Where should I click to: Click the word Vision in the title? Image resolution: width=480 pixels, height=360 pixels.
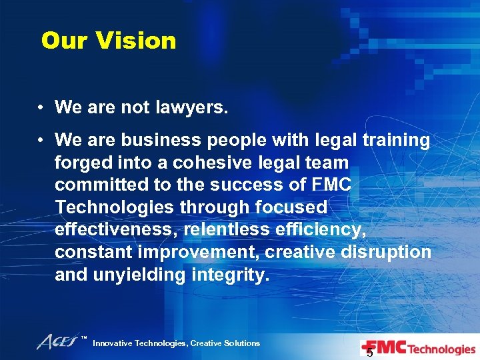tap(135, 41)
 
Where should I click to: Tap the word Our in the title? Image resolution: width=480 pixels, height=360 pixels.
tap(65, 41)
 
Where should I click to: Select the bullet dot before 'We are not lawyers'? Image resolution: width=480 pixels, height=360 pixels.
tap(41, 107)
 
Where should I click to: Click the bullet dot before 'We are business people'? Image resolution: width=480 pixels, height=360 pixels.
tap(41, 139)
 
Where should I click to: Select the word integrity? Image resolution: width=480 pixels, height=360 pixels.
tap(231, 275)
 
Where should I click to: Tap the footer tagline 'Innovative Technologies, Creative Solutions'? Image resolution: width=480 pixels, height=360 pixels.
tap(176, 343)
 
